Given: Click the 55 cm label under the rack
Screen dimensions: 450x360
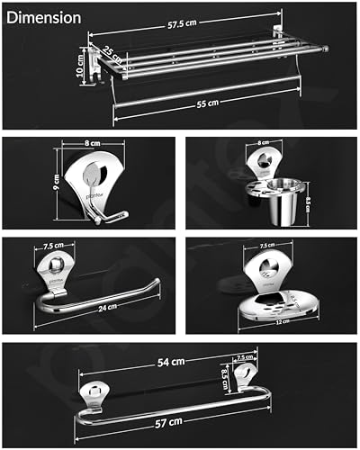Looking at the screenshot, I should (207, 103).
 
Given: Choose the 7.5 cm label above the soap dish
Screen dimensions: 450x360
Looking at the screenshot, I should (266, 244).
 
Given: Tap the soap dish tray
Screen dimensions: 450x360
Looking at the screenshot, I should (279, 301).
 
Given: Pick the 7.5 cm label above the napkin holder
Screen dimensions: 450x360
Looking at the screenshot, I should (53, 246).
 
